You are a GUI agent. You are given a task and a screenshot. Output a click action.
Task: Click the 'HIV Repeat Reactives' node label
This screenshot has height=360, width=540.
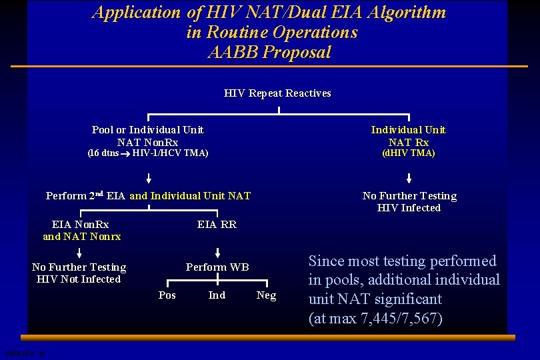(277, 93)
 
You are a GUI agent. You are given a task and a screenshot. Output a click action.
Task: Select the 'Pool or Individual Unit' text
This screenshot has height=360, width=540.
(147, 129)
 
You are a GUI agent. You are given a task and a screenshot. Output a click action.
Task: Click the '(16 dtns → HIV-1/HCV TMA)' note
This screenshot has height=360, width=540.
(148, 153)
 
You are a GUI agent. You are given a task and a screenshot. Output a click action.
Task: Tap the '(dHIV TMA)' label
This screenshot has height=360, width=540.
(409, 153)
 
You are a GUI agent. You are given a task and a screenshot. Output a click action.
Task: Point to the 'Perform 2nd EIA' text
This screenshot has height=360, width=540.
(86, 195)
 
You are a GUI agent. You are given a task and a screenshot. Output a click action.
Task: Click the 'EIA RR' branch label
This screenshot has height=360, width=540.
(217, 225)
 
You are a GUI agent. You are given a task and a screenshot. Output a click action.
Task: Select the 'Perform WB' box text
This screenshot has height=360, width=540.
(217, 267)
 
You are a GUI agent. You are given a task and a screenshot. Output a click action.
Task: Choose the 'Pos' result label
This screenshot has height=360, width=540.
(167, 295)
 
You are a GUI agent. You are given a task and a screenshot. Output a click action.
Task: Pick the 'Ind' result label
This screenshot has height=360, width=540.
(217, 295)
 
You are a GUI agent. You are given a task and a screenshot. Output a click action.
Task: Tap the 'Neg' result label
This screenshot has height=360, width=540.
(266, 295)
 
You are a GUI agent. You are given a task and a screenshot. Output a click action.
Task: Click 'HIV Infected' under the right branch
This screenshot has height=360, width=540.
(409, 208)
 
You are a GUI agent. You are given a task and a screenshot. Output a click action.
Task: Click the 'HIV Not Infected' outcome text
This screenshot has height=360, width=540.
(79, 279)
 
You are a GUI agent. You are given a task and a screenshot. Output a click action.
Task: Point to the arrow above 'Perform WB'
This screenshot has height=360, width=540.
(217, 252)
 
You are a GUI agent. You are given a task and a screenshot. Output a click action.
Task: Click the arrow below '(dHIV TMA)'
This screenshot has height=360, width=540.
(409, 178)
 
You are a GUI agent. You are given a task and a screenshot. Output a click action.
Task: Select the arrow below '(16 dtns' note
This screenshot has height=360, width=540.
(149, 178)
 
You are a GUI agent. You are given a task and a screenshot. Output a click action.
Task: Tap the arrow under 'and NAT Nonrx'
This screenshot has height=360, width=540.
(79, 252)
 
